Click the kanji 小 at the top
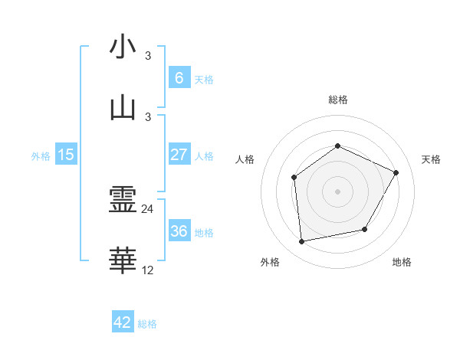coord(123,47)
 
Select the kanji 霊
coord(123,201)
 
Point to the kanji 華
coord(123,261)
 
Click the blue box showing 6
coord(179,78)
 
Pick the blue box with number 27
coord(179,155)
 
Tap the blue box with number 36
coord(179,231)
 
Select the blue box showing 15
coord(66,155)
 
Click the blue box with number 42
coord(123,322)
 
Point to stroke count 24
coord(148,209)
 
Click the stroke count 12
coord(148,270)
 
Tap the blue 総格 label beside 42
coord(147,324)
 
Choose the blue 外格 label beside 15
coord(41,155)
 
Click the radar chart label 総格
coord(337,100)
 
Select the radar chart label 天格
coord(432,159)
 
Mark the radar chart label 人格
coord(245,159)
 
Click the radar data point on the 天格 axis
coord(396,172)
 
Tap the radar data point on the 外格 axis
coord(302,242)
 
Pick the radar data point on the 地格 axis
coord(365,229)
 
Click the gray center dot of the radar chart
coord(337,191)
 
